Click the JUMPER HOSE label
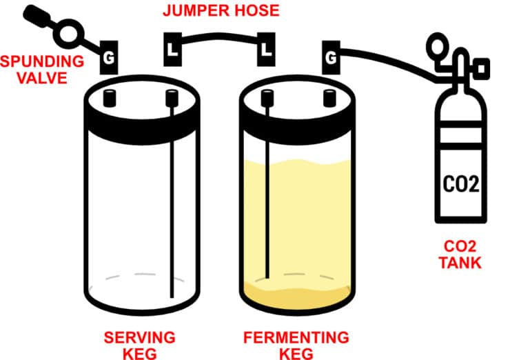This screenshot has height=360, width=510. coord(221,11)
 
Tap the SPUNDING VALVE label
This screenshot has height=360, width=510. coord(42,69)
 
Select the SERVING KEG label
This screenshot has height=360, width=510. coord(139,343)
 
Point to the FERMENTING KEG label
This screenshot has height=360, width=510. coord(296,343)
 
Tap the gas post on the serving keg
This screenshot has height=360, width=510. coord(110,99)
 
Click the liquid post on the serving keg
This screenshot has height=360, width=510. coord(171,99)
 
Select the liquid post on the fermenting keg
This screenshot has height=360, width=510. coord(267,99)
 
